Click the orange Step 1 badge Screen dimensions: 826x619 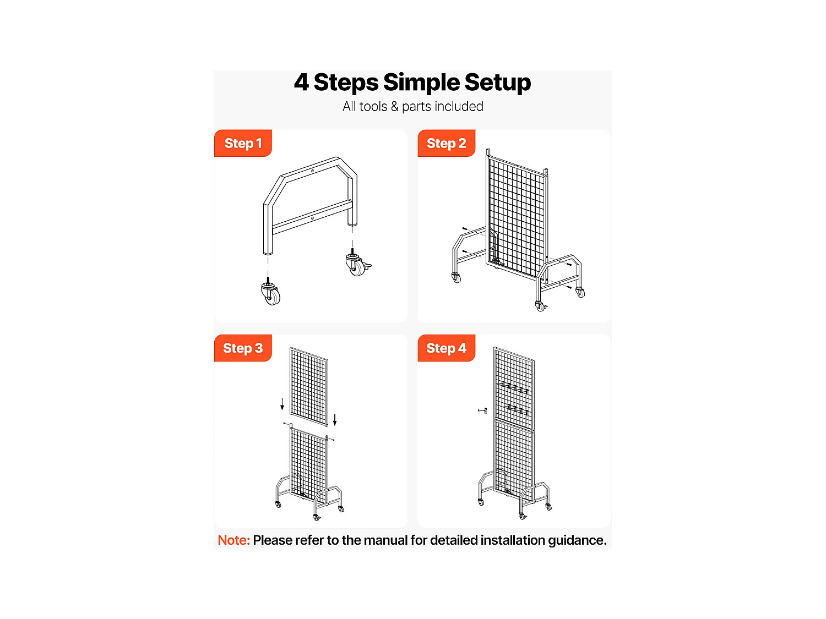(243, 143)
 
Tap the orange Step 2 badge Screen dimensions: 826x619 (446, 143)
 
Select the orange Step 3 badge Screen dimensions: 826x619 (243, 348)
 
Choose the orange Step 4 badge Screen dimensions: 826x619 (446, 348)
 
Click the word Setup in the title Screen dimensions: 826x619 (497, 83)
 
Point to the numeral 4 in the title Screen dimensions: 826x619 (301, 82)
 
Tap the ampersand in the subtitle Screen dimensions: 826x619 (394, 106)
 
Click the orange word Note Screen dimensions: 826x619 (233, 540)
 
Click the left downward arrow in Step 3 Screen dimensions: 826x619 (282, 404)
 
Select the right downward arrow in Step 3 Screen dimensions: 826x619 (335, 420)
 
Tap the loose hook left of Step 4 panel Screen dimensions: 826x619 (482, 410)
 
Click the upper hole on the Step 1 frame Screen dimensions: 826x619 (312, 171)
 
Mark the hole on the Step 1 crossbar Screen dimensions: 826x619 (312, 218)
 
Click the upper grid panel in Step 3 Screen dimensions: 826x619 (308, 387)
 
